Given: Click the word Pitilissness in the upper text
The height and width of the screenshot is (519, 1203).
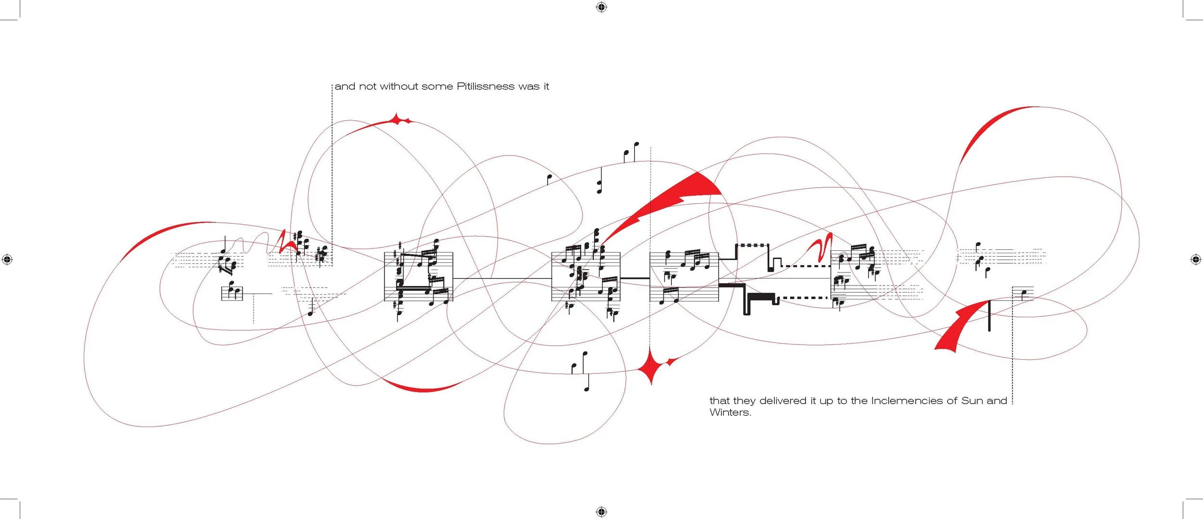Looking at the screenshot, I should [x=485, y=87].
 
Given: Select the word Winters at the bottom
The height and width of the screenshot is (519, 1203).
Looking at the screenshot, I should [x=729, y=413].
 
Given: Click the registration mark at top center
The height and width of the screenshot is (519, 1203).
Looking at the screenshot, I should [x=601, y=7].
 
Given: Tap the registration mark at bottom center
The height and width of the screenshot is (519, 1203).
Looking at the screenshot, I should [x=601, y=511].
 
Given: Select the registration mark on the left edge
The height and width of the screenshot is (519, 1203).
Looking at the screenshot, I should [x=7, y=259].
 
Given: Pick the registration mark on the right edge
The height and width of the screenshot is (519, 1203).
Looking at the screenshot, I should [x=1196, y=259].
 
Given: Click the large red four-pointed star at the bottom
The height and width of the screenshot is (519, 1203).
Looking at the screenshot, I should [x=652, y=367].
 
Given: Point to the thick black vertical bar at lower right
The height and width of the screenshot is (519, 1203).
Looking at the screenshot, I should [x=989, y=315].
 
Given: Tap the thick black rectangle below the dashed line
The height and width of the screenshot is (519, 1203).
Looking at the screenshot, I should [x=761, y=297].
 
